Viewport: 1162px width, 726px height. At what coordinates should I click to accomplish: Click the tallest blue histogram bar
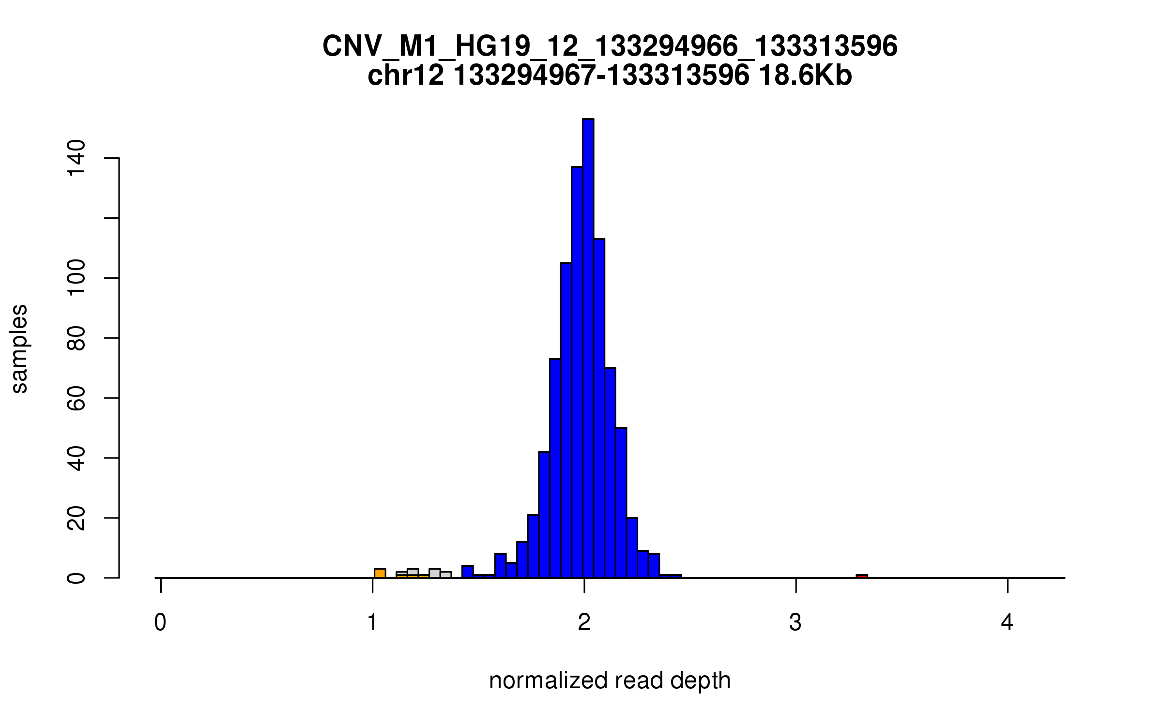click(588, 348)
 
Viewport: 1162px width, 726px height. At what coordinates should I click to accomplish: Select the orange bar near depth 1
click(380, 573)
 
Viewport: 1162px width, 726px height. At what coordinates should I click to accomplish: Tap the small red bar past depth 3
click(862, 576)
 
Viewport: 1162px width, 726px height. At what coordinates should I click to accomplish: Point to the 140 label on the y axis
click(76, 158)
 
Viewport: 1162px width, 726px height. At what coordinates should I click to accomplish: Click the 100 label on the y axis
click(76, 278)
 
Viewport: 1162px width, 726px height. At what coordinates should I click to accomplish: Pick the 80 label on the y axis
click(76, 338)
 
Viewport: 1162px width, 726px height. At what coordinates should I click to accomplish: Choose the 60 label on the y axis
click(76, 398)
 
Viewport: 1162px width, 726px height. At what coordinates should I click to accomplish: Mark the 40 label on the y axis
click(76, 458)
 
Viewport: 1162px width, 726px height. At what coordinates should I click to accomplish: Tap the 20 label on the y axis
click(76, 518)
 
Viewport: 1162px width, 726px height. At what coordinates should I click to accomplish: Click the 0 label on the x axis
click(160, 622)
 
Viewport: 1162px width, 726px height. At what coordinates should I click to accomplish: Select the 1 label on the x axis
click(372, 622)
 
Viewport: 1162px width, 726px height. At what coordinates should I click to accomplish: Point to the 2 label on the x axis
click(584, 622)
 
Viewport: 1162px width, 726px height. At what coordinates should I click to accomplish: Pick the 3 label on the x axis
click(795, 622)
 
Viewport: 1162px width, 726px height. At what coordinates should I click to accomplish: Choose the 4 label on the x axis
click(1008, 622)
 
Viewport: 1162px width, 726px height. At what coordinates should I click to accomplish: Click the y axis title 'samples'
click(19, 348)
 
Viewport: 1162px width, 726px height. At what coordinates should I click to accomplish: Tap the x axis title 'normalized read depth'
click(610, 681)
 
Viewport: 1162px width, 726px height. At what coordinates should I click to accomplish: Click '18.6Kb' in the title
click(805, 76)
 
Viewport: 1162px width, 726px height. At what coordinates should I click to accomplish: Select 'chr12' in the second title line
click(406, 76)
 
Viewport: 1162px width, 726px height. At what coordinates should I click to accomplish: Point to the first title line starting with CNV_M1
click(610, 46)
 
